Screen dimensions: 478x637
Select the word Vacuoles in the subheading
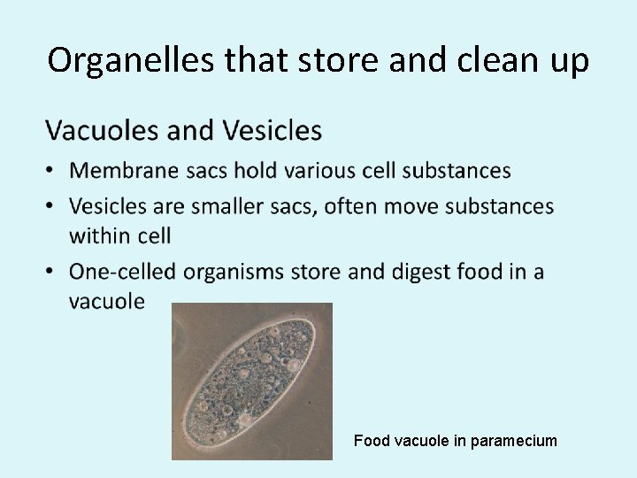[102, 131]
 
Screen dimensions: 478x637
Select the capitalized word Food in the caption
[370, 440]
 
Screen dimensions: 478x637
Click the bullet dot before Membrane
[52, 171]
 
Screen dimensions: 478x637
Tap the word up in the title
[566, 61]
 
